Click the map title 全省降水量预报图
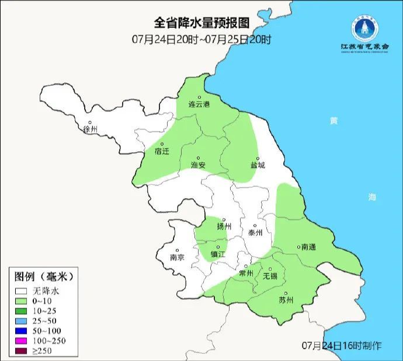click(x=201, y=23)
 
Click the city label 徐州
click(x=91, y=129)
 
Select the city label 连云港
click(x=199, y=104)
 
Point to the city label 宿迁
click(x=162, y=151)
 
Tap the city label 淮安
click(x=199, y=165)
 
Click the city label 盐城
click(x=258, y=165)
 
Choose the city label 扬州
click(x=224, y=226)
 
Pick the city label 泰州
click(x=256, y=232)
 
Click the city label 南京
click(x=177, y=257)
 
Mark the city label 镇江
click(x=218, y=254)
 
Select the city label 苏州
click(x=286, y=300)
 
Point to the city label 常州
click(x=246, y=273)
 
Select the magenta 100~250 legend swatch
click(x=22, y=339)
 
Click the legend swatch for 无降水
click(x=22, y=290)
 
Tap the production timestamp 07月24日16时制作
click(x=342, y=345)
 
